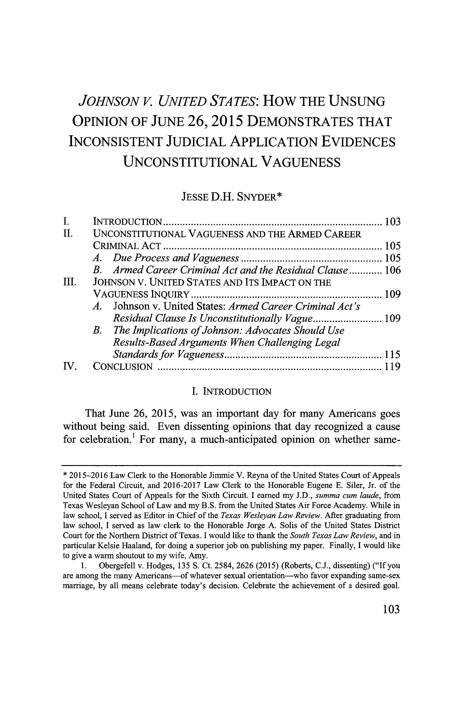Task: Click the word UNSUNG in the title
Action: tap(357, 102)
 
